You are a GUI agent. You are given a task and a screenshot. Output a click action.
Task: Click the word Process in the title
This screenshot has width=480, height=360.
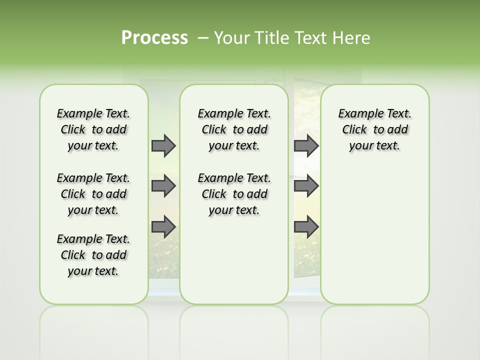point(154,38)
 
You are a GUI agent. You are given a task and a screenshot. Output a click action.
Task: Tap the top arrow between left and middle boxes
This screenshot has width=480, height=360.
point(163,146)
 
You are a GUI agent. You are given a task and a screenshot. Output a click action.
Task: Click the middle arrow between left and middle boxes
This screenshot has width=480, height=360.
point(163,186)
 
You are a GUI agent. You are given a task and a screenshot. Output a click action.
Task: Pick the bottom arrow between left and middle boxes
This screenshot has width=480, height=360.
point(163,226)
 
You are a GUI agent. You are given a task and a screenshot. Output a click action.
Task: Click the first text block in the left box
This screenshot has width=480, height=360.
point(93,129)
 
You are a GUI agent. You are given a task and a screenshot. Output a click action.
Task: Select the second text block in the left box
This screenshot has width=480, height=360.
point(93,194)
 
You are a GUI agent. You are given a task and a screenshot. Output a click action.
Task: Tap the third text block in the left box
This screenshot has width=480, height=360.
point(93,255)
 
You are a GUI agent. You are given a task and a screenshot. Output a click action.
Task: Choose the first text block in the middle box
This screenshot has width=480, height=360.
point(234,129)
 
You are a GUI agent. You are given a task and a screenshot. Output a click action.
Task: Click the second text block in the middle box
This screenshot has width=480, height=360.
point(234,194)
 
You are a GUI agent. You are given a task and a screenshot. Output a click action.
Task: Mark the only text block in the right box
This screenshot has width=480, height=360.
point(374,129)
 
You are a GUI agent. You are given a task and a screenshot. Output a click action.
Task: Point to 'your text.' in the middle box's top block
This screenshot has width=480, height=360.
point(234,146)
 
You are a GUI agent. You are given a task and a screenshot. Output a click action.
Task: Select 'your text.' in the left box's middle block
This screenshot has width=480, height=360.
point(93,210)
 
